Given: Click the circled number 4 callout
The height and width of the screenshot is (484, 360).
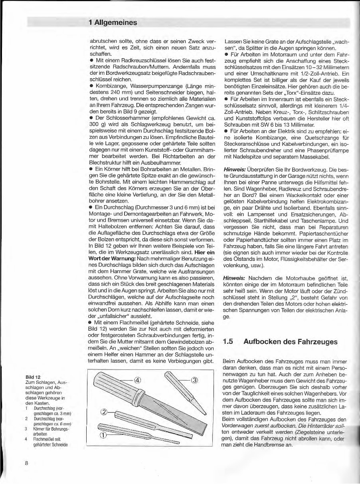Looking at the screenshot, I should (x=137, y=380).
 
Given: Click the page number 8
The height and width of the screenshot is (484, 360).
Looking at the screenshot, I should (x=26, y=463).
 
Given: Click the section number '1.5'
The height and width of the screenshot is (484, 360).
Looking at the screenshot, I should (x=228, y=341).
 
